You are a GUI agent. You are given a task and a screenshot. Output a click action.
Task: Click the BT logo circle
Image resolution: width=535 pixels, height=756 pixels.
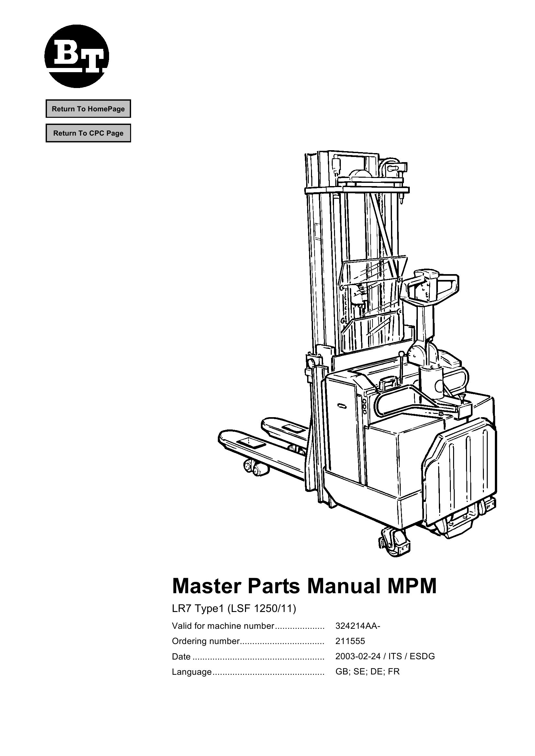click(x=76, y=56)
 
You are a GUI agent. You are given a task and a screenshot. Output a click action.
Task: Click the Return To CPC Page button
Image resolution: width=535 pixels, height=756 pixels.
click(x=88, y=133)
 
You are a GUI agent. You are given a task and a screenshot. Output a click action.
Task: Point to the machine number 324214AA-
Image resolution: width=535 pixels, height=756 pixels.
click(x=358, y=626)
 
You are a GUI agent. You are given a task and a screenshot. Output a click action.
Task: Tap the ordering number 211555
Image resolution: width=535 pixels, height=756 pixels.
click(x=350, y=641)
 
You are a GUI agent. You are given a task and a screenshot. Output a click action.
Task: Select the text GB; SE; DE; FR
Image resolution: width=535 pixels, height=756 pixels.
click(x=367, y=671)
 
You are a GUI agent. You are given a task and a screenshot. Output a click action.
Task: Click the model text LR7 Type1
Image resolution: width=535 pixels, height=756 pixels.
click(x=198, y=609)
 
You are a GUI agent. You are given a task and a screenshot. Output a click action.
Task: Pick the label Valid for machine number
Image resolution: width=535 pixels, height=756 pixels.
click(x=223, y=626)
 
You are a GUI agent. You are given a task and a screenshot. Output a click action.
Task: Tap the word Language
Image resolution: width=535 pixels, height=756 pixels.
click(x=192, y=672)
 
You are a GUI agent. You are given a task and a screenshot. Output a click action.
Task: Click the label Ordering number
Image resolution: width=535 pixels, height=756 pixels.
click(x=206, y=641)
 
